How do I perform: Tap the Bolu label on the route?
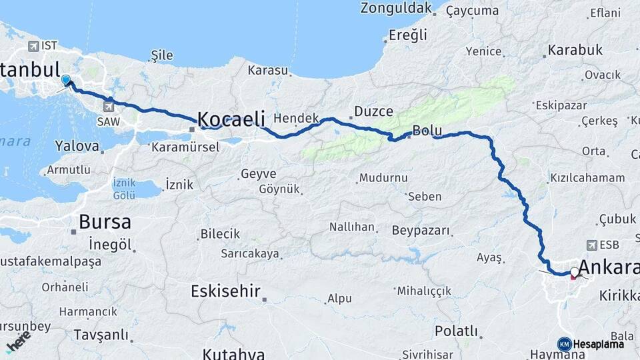click(423, 131)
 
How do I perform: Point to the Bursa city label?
click(105, 222)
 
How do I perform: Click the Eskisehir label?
click(225, 291)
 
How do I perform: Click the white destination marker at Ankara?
click(574, 272)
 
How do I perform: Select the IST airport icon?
click(33, 46)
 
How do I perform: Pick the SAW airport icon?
click(109, 105)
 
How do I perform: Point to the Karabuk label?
click(575, 50)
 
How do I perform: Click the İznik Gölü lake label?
click(125, 188)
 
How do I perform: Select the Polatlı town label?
click(457, 331)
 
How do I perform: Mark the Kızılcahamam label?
click(587, 178)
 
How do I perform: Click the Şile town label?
click(162, 54)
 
